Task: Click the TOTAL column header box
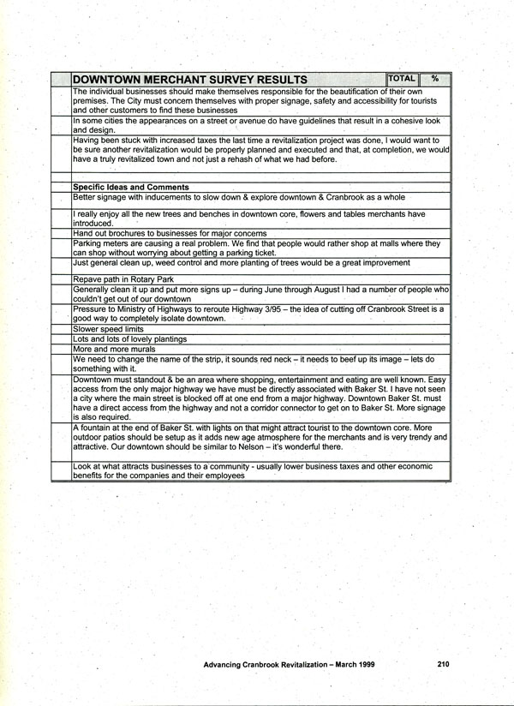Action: point(401,79)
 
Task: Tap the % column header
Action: point(435,79)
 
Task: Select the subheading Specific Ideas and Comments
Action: point(130,187)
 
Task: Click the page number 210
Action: point(442,664)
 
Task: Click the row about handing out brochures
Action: point(170,233)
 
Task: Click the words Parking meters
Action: point(99,243)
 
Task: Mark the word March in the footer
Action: point(341,664)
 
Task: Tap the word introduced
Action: point(93,223)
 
